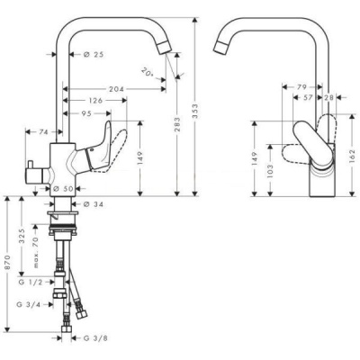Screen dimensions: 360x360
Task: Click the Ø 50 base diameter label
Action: [61, 188]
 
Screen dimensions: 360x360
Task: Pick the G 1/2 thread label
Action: [31, 283]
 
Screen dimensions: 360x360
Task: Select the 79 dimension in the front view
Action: [301, 87]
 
